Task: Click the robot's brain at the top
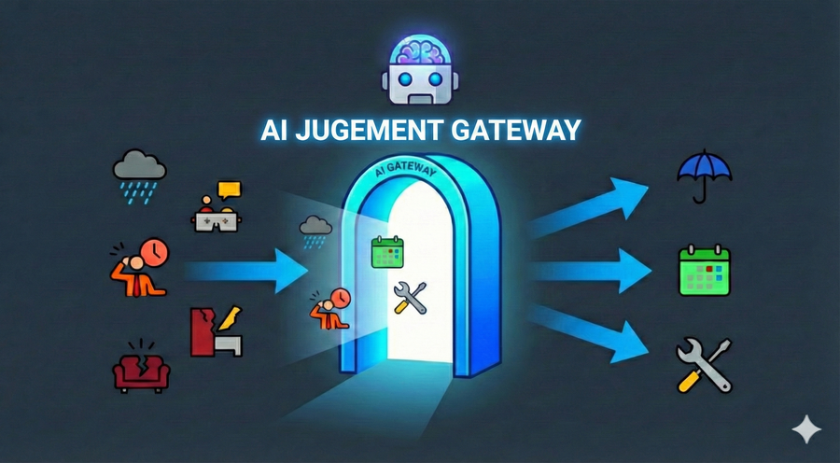[420, 50]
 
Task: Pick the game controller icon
[216, 218]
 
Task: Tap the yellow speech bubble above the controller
[229, 189]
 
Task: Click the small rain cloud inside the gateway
[315, 227]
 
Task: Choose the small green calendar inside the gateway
[386, 251]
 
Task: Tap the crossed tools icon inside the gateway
[410, 298]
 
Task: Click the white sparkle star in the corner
[805, 429]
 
